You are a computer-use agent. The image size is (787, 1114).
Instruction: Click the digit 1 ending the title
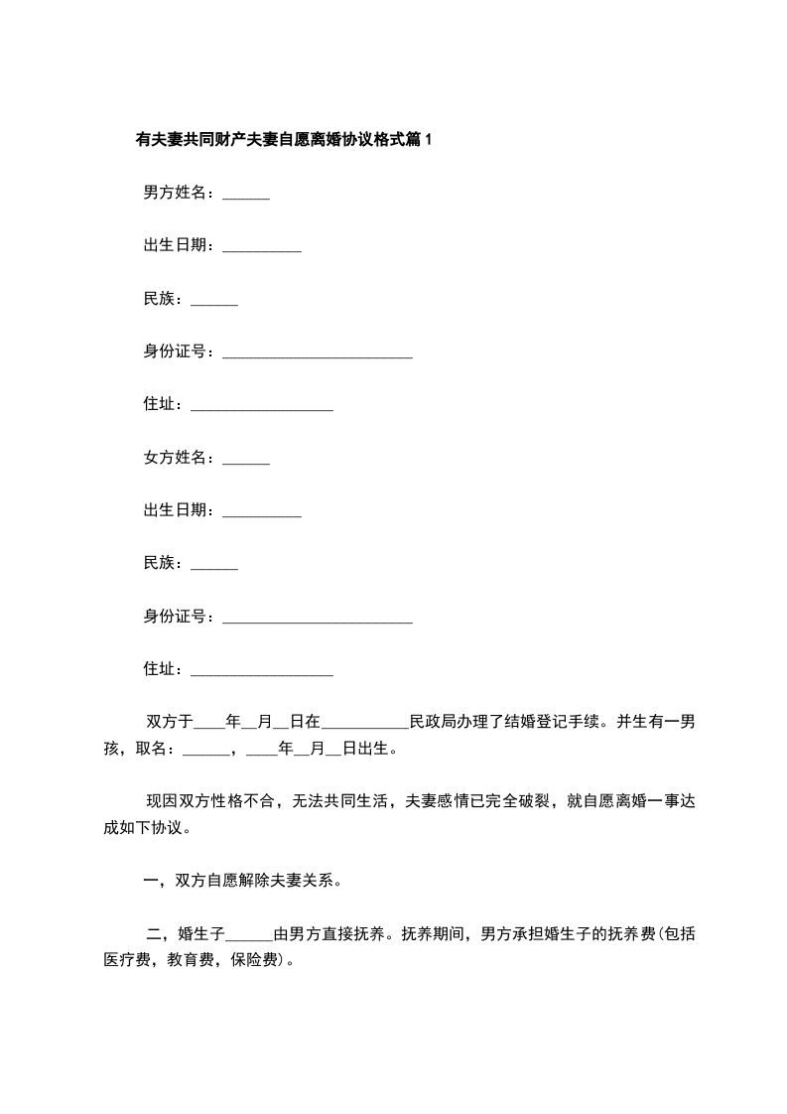pos(428,141)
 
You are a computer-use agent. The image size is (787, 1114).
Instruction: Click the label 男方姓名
pos(177,193)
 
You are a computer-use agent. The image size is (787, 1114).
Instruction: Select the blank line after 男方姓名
pos(246,196)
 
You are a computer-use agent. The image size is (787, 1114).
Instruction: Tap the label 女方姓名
pos(177,458)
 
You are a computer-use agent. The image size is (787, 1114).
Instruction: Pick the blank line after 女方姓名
pos(246,461)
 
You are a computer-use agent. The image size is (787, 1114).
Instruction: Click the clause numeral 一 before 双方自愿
pos(152,880)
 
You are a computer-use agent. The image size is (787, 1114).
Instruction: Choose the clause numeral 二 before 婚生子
pos(153,933)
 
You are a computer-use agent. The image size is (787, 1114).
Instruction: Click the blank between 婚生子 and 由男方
pos(249,937)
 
